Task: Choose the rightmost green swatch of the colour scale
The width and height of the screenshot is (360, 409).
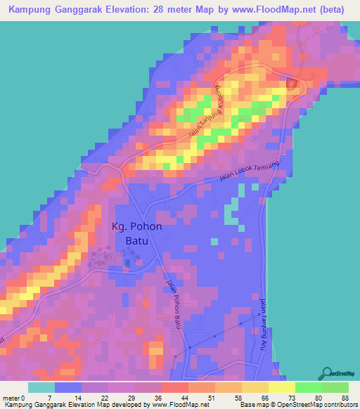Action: (x=335, y=387)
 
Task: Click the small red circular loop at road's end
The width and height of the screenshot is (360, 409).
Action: (x=292, y=84)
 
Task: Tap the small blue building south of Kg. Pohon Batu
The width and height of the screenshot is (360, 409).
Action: (x=127, y=263)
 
